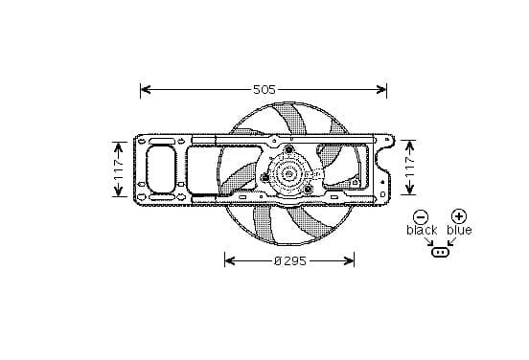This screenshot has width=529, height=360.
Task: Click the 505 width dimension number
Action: pyautogui.click(x=264, y=89)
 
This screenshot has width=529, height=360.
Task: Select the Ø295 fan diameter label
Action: pyautogui.click(x=290, y=260)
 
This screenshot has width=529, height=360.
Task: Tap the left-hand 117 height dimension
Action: pyautogui.click(x=119, y=169)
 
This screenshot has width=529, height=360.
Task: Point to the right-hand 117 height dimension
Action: pyautogui.click(x=409, y=168)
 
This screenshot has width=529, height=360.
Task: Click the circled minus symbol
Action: pyautogui.click(x=421, y=217)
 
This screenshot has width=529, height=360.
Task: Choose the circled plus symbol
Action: pyautogui.click(x=459, y=216)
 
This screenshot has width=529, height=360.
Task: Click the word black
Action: pyautogui.click(x=422, y=231)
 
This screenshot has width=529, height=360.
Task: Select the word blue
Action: pyautogui.click(x=459, y=230)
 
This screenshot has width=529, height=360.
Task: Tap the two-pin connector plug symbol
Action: pyautogui.click(x=440, y=252)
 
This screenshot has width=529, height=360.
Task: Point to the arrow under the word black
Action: pyautogui.click(x=428, y=241)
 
